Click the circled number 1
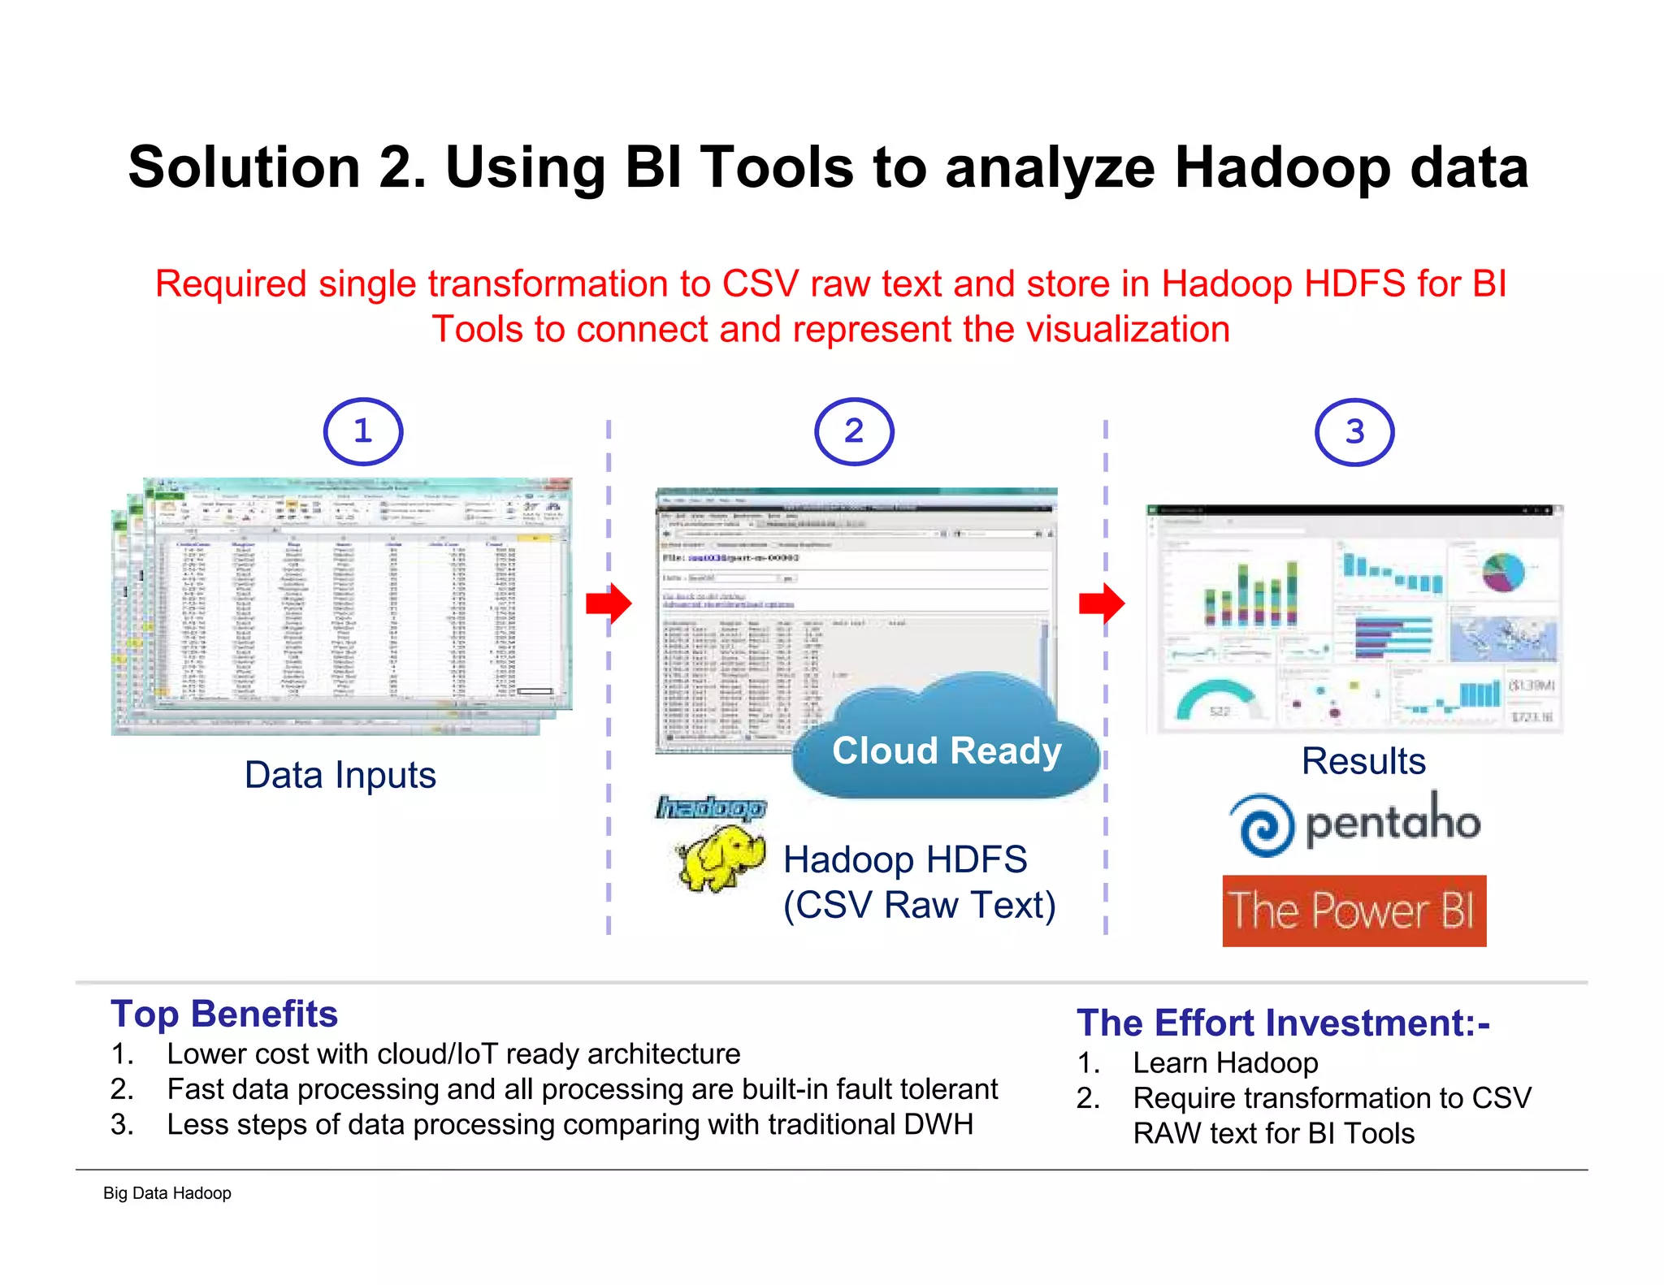click(363, 431)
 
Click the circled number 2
click(854, 431)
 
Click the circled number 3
click(1354, 432)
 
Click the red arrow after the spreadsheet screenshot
click(609, 604)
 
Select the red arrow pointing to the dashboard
click(1102, 604)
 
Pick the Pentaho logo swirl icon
click(1262, 825)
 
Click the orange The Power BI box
click(1354, 911)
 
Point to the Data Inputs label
click(340, 775)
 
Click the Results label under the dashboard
click(1363, 761)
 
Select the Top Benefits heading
click(224, 1014)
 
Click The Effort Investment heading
click(1282, 1023)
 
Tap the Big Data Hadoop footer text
click(167, 1193)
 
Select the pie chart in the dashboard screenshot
click(1503, 571)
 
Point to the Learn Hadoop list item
click(1225, 1062)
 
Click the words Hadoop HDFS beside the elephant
click(905, 859)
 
